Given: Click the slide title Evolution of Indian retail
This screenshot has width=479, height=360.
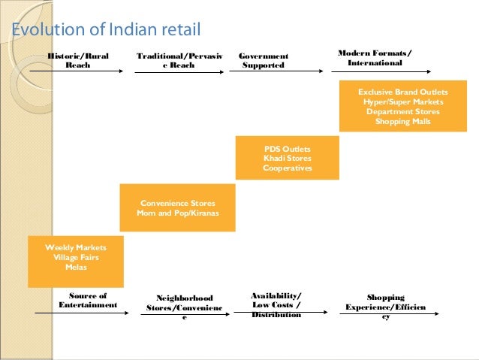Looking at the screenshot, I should click(105, 31).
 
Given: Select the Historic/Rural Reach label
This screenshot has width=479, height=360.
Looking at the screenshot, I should click(78, 60).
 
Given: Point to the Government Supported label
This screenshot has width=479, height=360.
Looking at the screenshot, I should click(264, 61).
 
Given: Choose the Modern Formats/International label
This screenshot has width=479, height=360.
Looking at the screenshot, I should click(375, 58).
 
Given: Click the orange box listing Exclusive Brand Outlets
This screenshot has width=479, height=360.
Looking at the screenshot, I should click(402, 107).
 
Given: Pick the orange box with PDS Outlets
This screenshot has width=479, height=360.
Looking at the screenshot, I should click(287, 158).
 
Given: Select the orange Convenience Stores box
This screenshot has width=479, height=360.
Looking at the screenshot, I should click(177, 207).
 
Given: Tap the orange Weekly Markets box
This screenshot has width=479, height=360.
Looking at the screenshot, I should click(76, 262).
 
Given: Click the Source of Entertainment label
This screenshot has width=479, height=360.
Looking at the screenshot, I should click(88, 301).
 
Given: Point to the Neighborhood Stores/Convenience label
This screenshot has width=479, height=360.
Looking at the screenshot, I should click(185, 307).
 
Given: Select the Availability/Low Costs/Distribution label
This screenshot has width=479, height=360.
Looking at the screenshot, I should click(276, 305).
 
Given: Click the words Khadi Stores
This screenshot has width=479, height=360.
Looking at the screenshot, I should click(287, 158).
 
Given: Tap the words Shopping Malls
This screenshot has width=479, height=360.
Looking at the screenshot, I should click(402, 122).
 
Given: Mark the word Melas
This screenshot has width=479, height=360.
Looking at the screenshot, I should click(76, 267).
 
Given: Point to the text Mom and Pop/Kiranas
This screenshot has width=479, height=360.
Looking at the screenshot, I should click(177, 213).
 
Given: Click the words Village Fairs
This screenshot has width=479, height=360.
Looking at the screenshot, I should click(76, 257).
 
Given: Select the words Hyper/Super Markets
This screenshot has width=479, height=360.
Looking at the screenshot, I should click(402, 101).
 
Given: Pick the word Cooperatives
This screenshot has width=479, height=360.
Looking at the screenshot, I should click(287, 168).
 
